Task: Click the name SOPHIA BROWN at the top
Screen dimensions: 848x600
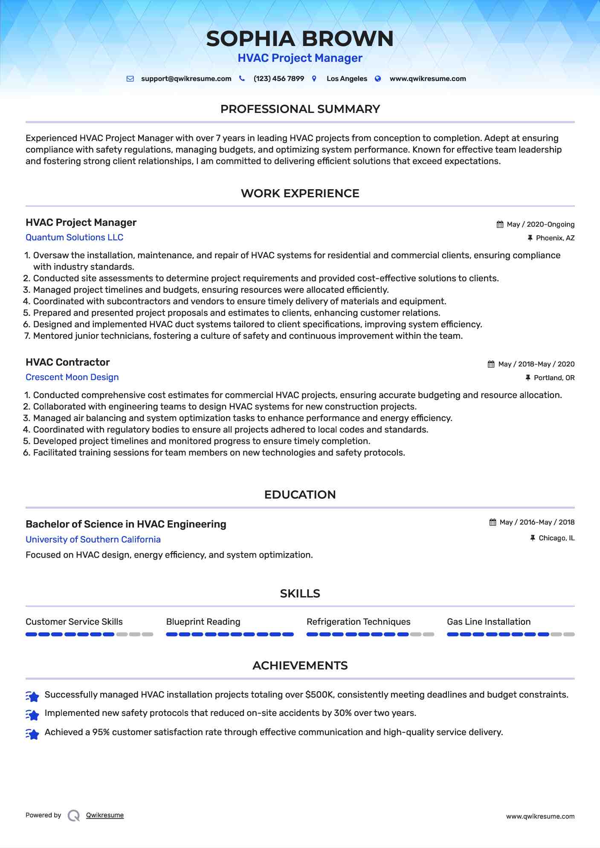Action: (x=300, y=39)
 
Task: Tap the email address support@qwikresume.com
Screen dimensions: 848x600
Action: (x=186, y=79)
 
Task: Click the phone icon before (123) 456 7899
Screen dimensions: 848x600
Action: (x=242, y=78)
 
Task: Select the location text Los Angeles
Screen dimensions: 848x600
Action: (x=347, y=79)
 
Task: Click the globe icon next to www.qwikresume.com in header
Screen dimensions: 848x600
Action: (x=378, y=78)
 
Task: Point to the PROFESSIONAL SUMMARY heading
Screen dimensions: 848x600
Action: (x=300, y=109)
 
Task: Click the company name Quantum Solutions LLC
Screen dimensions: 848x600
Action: (x=74, y=237)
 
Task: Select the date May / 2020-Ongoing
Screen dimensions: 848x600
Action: (x=540, y=225)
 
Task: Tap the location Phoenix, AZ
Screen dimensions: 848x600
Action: (x=555, y=238)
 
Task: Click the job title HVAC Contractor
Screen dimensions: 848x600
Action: (x=67, y=362)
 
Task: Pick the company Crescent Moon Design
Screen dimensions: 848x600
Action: (x=72, y=377)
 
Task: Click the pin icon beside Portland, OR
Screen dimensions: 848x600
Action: (x=528, y=378)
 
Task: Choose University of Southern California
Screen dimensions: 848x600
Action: (x=93, y=539)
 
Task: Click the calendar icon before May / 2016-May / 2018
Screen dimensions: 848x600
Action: (x=493, y=522)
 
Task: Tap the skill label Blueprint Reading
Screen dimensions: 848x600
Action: (x=203, y=622)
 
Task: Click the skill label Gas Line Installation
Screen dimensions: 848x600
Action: (x=489, y=622)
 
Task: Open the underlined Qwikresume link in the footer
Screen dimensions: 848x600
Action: (x=105, y=815)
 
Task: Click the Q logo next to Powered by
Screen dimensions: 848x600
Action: (x=74, y=816)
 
